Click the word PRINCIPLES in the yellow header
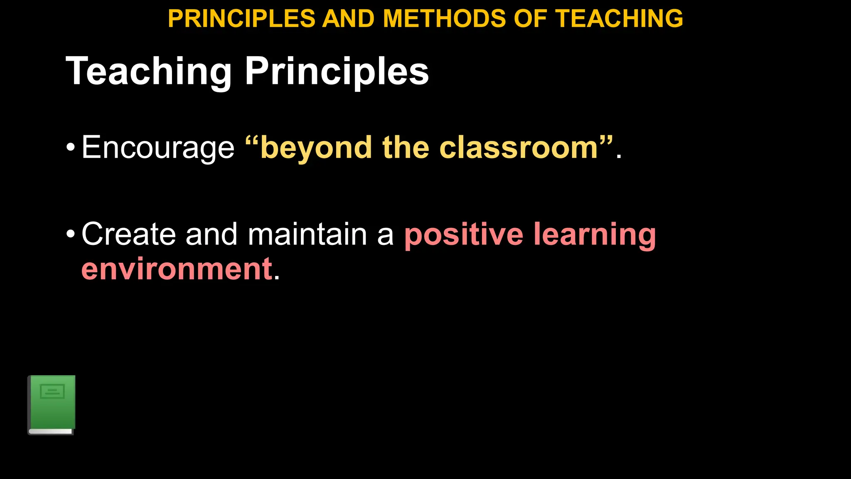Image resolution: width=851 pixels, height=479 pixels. [x=241, y=19]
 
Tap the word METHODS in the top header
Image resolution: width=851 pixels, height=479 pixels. [x=444, y=19]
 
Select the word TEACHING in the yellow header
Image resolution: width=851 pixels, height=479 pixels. [x=619, y=19]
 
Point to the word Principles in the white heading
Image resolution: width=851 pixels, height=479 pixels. [x=337, y=72]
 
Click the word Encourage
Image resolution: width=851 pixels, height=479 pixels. [x=158, y=148]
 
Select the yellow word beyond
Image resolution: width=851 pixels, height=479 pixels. [x=316, y=148]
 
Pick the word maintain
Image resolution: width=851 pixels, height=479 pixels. [x=307, y=234]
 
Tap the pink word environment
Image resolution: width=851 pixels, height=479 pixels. [x=177, y=269]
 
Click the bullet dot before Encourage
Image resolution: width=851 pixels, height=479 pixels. [x=71, y=148]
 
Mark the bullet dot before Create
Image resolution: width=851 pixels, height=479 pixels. [x=71, y=234]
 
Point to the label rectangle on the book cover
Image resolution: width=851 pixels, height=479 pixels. [x=52, y=391]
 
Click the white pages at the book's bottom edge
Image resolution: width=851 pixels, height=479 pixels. [x=51, y=432]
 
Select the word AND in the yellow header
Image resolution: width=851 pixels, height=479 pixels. [x=348, y=19]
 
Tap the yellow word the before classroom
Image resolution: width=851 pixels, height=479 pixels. [x=406, y=148]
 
